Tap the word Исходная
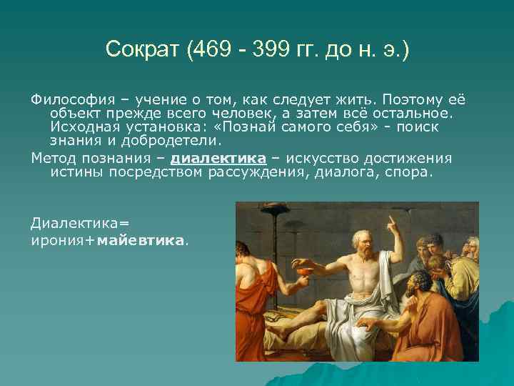pos(82,126)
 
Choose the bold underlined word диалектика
pos(218,158)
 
